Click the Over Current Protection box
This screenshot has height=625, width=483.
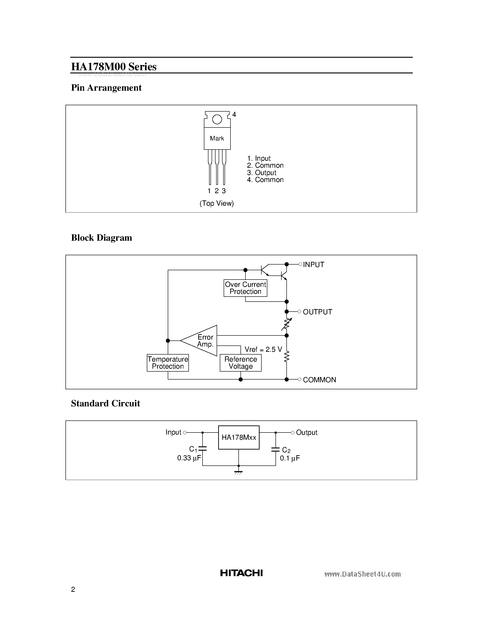coord(245,288)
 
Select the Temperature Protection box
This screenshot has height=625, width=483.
coord(168,363)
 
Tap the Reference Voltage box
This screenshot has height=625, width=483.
coord(241,363)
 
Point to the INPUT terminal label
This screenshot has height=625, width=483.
coord(314,265)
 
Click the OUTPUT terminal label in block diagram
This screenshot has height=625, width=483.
coord(317,312)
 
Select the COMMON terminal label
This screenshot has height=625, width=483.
coord(319,380)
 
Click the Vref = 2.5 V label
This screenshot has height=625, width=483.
coord(263,349)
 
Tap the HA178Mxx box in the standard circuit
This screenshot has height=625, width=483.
coord(239,437)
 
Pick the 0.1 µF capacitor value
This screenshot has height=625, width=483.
coord(290,458)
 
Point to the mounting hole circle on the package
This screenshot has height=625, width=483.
coord(217,119)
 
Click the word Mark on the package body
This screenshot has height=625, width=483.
coord(217,138)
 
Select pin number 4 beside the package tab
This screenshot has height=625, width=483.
coord(234,115)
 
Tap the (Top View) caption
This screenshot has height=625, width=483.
coord(217,203)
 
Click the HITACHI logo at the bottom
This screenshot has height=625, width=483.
coord(241,573)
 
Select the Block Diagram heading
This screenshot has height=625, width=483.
coord(102,238)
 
